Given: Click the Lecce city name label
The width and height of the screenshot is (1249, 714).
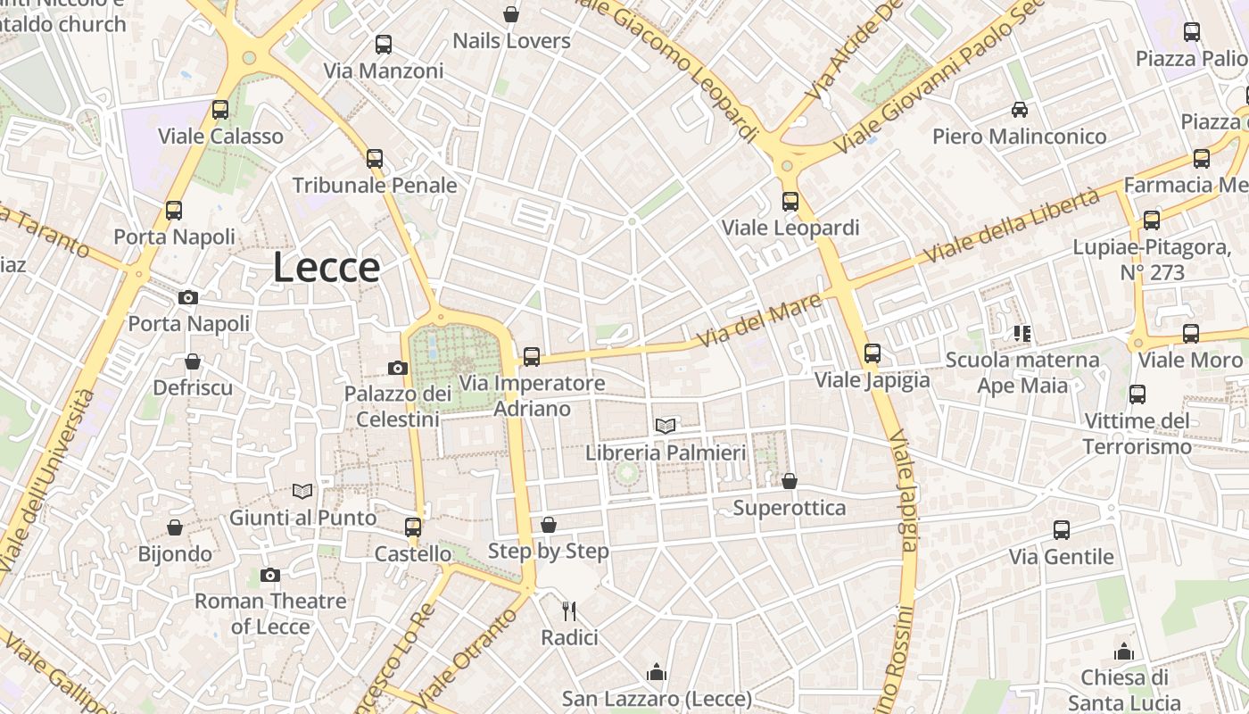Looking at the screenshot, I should [x=327, y=267].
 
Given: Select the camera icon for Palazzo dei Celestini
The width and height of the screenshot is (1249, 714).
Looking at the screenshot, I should [x=398, y=368].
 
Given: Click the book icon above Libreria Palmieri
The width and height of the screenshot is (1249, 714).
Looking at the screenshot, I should [x=666, y=426].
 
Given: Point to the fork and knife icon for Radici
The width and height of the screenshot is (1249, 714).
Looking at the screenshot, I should [x=569, y=611].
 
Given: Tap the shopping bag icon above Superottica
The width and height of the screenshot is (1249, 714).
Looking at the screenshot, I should [x=790, y=482].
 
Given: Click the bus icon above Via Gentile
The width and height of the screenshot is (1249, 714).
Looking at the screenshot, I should [x=1062, y=530].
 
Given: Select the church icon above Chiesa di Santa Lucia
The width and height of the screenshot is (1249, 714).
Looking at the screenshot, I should [x=1124, y=652].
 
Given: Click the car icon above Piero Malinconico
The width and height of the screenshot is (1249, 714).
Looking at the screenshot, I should [x=1020, y=110].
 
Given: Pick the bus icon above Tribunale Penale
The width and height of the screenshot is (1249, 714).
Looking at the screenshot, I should [x=375, y=159].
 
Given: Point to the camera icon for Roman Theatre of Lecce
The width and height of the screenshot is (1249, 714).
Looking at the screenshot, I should [x=270, y=575].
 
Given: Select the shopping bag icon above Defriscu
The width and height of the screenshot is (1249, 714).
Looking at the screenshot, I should [x=193, y=361].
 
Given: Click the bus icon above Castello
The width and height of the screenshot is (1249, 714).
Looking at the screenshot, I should [x=413, y=527].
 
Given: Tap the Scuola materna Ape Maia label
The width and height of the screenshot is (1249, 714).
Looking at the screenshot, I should [x=1022, y=372].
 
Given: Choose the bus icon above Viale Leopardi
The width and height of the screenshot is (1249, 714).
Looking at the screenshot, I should [x=790, y=202].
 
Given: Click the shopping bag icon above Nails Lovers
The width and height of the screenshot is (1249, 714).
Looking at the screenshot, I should [x=511, y=14].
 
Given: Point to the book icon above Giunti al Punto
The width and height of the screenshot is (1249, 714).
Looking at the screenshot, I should [x=303, y=491].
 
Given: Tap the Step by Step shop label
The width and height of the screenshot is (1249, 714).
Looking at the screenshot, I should [x=549, y=551].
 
